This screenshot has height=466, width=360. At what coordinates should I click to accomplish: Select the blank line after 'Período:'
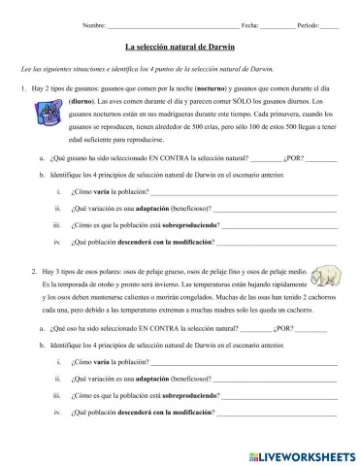[329, 23]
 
